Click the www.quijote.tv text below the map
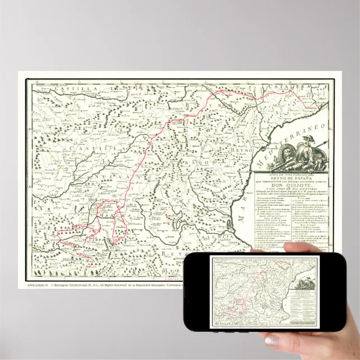tap(35, 285)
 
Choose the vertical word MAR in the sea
tap(242, 213)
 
